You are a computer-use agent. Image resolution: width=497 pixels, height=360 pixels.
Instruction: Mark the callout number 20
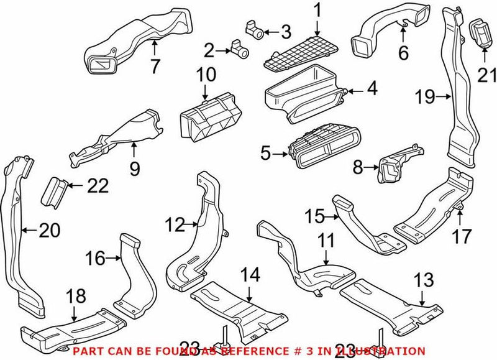50,231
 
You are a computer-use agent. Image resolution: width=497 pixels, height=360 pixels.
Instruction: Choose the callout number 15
314,216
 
